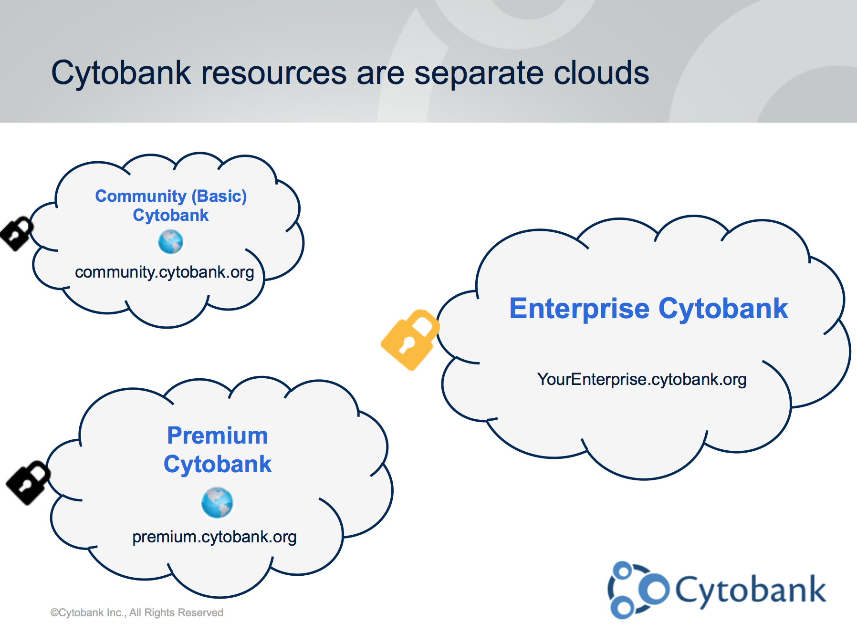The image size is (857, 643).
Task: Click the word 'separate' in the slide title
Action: [x=479, y=74]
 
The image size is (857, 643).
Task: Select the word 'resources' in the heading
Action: [x=274, y=74]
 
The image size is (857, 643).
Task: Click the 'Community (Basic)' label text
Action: [x=171, y=196]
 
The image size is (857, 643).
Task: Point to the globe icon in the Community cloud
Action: [x=171, y=242]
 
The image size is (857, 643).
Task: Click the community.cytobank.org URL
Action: [x=165, y=272]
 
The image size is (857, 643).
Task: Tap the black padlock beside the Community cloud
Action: [x=17, y=233]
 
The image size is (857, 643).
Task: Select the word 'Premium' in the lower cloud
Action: [x=218, y=436]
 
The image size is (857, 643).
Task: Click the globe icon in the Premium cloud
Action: [x=217, y=503]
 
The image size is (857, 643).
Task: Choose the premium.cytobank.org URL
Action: [x=214, y=537]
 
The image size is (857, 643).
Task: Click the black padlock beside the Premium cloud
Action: [x=28, y=482]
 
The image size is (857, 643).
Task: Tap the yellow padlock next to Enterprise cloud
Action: [x=410, y=340]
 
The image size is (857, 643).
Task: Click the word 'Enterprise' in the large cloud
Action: [x=580, y=309]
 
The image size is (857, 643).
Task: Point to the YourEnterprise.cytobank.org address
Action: [x=642, y=380]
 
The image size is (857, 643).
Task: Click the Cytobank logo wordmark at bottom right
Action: [x=751, y=591]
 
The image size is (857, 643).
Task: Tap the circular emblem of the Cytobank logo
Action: [x=638, y=590]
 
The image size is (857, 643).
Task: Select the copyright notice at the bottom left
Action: [x=137, y=612]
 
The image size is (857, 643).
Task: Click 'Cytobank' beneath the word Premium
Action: [x=218, y=465]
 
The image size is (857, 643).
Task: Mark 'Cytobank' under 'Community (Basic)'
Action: [x=171, y=216]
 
